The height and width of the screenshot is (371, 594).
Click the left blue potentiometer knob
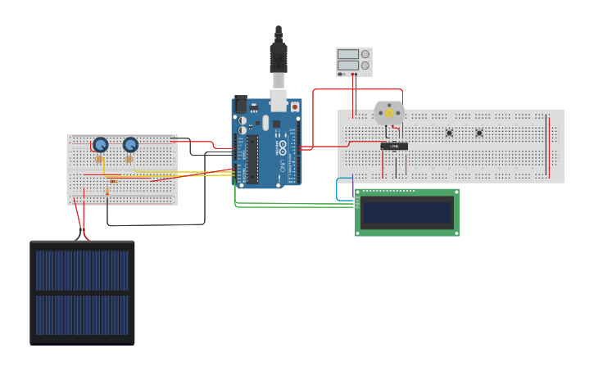[x=101, y=145]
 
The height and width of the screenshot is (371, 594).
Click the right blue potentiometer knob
[x=130, y=145]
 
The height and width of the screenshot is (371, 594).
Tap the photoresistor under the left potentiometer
[x=99, y=160]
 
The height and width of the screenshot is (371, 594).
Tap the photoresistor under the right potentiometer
[x=129, y=160]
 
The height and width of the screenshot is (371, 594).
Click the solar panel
[x=82, y=292]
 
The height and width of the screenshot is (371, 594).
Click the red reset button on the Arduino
[x=295, y=107]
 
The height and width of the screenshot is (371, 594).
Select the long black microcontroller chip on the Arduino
[x=253, y=160]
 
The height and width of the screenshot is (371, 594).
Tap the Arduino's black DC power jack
[x=241, y=104]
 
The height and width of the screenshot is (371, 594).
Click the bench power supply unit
[x=354, y=61]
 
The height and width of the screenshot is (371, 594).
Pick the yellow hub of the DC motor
[x=389, y=114]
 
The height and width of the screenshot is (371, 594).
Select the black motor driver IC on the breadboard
[x=394, y=146]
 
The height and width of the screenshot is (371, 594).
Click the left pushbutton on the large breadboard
[x=449, y=133]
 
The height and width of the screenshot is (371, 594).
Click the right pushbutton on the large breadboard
[x=479, y=133]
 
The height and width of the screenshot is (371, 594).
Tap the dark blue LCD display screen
[x=406, y=213]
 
